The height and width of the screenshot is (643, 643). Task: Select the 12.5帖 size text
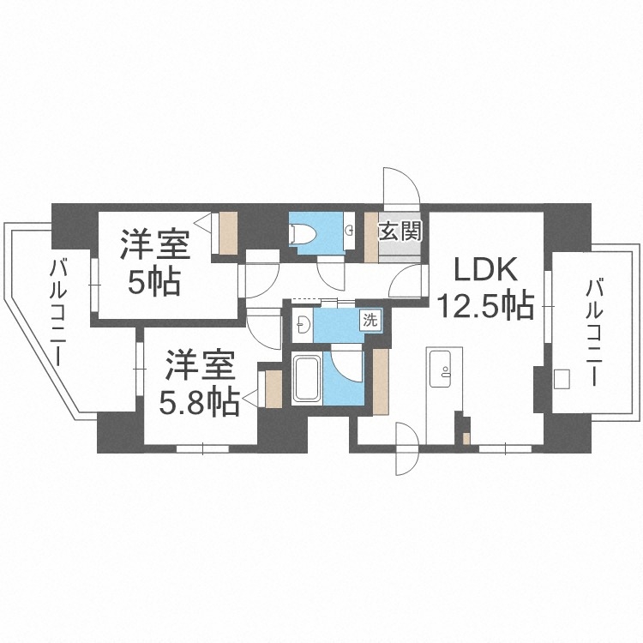tap(485, 304)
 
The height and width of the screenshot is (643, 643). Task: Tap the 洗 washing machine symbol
tap(370, 321)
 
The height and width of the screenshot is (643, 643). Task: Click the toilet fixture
tap(302, 232)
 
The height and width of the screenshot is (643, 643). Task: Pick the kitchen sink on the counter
tap(445, 370)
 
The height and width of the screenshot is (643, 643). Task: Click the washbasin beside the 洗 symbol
tap(301, 322)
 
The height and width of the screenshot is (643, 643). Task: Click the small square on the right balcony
tap(562, 378)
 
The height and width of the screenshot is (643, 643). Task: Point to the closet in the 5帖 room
tap(228, 231)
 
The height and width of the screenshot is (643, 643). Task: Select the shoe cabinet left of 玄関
tap(371, 236)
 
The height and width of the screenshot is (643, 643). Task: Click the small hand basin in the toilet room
tap(349, 230)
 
